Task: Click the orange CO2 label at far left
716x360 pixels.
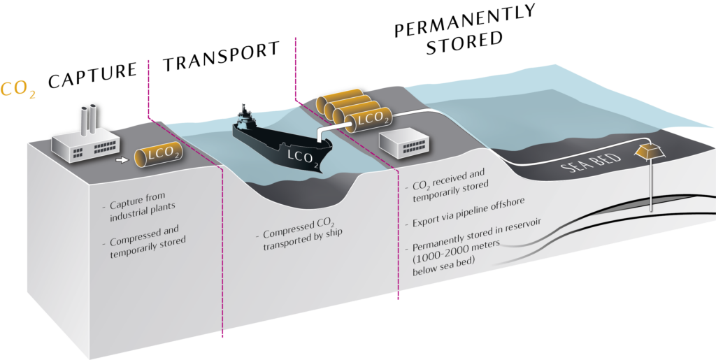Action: click(x=18, y=90)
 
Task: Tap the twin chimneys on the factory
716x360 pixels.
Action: click(x=89, y=120)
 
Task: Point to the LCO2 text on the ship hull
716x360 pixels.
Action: click(x=300, y=157)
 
